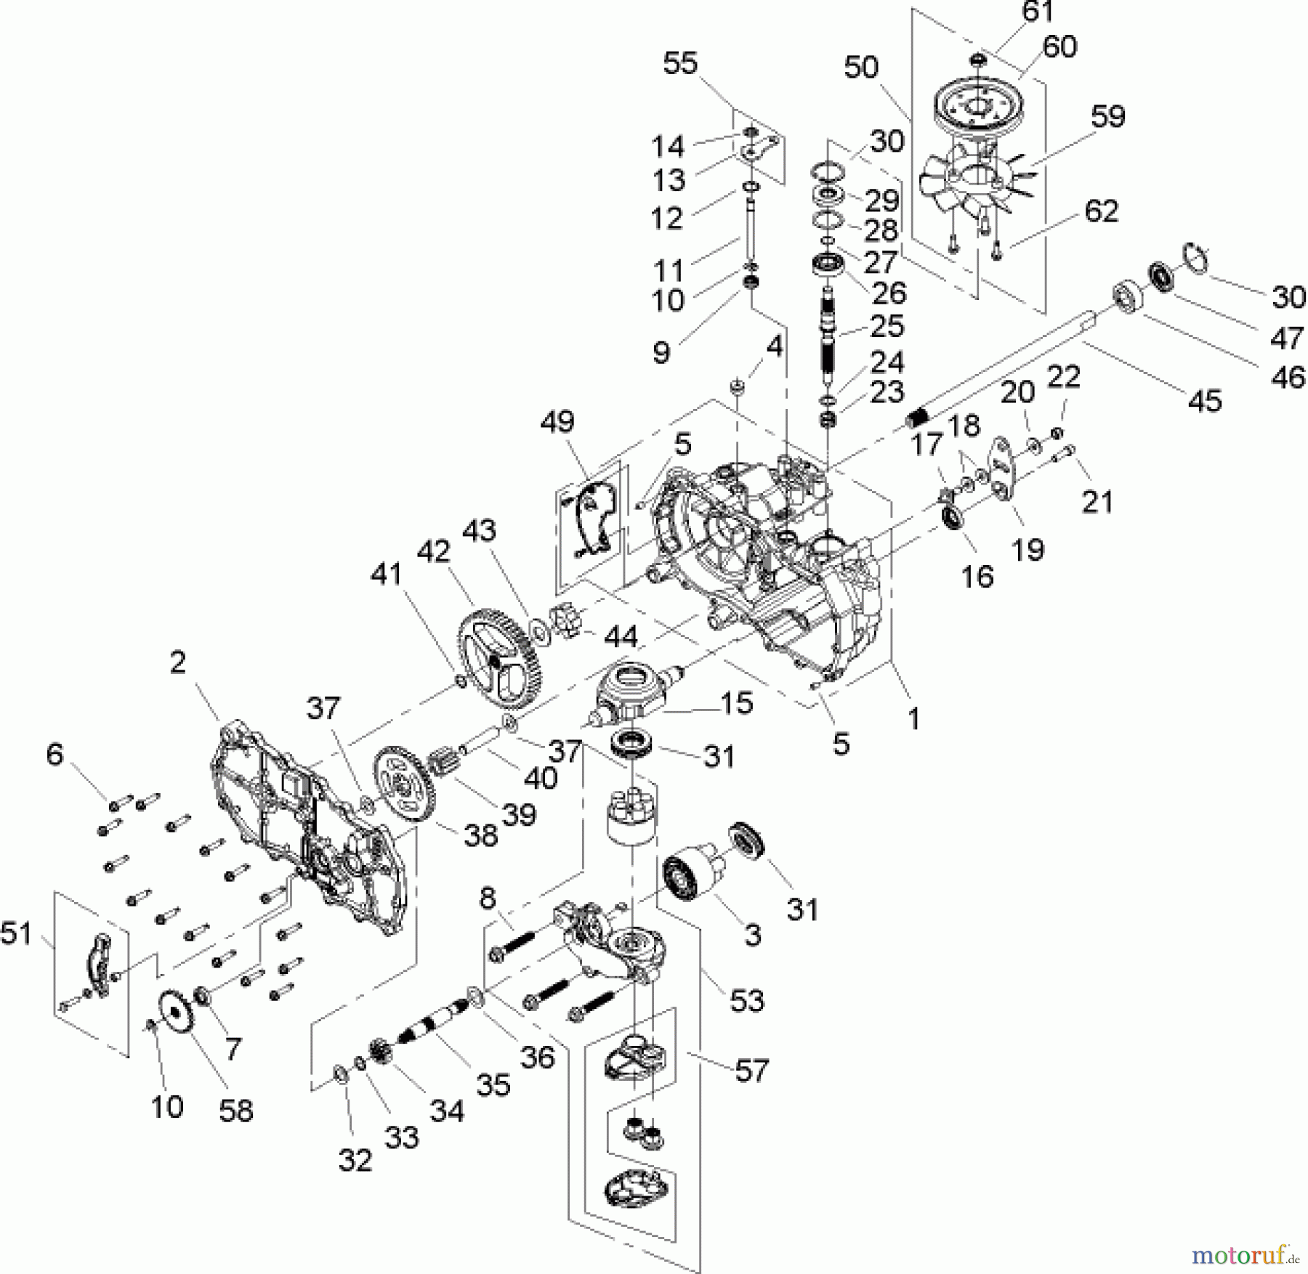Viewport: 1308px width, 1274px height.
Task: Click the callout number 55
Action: click(680, 64)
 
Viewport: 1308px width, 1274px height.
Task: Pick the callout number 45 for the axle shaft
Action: click(1206, 400)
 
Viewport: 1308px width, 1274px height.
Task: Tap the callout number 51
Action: click(16, 933)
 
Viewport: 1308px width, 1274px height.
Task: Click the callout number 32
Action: click(355, 1160)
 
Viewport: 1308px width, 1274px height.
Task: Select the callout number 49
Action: click(557, 421)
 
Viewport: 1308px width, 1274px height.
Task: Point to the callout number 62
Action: click(1101, 211)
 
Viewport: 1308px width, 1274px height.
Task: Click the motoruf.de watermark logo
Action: click(1243, 1254)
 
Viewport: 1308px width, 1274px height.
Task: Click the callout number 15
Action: click(737, 702)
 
